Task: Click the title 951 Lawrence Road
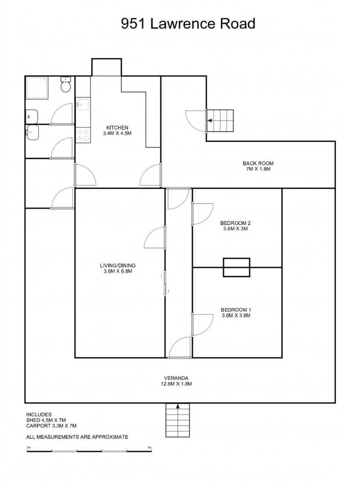(188, 24)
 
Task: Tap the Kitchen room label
(117, 127)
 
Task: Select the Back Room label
(258, 163)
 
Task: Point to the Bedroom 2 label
(235, 223)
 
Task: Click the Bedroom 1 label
(236, 309)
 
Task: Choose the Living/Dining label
(118, 266)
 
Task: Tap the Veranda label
(176, 378)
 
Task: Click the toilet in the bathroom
(66, 84)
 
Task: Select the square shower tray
(37, 88)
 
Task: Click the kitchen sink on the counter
(83, 104)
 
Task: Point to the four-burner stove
(83, 135)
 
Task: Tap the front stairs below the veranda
(178, 420)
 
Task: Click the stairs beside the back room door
(220, 121)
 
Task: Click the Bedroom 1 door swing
(202, 325)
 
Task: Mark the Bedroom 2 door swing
(202, 214)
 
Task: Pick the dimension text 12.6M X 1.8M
(176, 384)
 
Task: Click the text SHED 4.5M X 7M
(46, 420)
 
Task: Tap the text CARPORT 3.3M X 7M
(51, 426)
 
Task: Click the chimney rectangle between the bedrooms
(236, 267)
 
